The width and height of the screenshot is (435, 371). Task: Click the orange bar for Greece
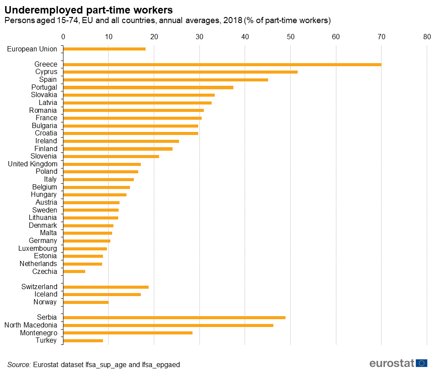(x=222, y=64)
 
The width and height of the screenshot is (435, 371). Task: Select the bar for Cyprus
(x=180, y=72)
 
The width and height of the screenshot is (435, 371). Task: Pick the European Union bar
(x=104, y=49)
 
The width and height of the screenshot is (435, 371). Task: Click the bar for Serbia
(x=174, y=317)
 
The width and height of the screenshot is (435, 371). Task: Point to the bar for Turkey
(x=83, y=341)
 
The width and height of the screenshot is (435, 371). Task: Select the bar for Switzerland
(x=106, y=287)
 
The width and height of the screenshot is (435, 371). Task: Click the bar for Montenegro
(x=128, y=333)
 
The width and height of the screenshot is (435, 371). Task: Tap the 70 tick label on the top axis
(x=381, y=37)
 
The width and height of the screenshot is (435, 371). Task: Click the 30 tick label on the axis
(x=199, y=37)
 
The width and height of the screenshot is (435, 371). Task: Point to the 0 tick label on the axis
(x=63, y=37)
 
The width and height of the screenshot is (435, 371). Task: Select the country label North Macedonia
(x=30, y=325)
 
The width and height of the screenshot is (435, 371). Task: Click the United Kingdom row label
(x=33, y=164)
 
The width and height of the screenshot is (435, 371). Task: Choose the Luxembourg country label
(x=37, y=249)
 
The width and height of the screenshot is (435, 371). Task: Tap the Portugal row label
(x=44, y=87)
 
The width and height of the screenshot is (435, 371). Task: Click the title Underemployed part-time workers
(x=88, y=10)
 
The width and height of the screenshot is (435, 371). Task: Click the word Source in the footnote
(x=19, y=364)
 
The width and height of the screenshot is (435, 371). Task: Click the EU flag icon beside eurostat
(x=421, y=363)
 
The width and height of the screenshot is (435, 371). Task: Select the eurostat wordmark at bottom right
(x=392, y=363)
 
